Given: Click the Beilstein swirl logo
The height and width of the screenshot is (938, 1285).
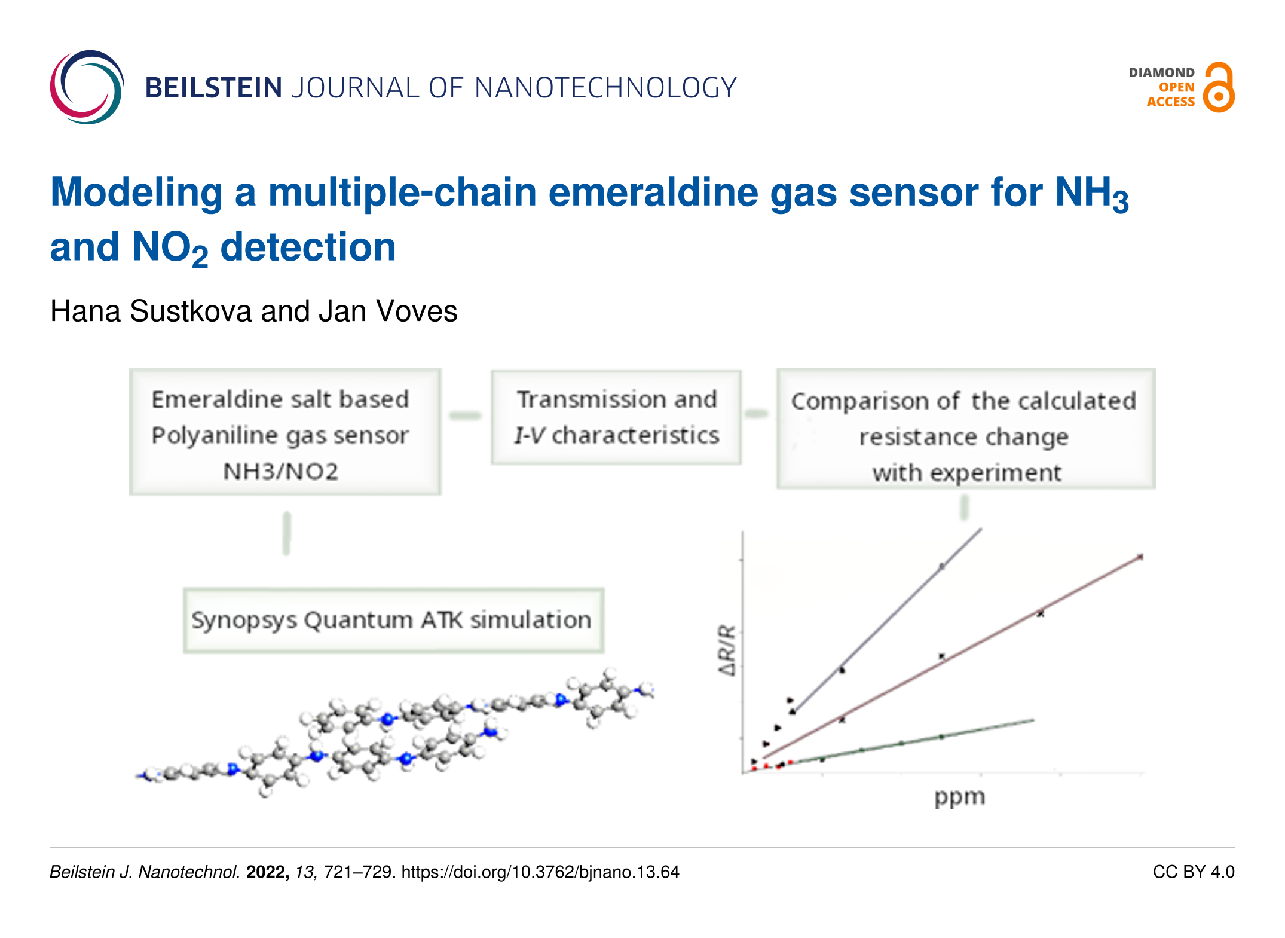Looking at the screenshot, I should point(87,87).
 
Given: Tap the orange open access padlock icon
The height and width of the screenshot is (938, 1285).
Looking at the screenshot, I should point(1218,88).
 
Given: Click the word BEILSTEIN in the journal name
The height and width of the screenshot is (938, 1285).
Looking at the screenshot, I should point(213,88).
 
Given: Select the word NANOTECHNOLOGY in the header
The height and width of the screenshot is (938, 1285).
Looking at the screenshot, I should point(605,88).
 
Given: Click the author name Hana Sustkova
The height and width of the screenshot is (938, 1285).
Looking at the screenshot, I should point(151,311).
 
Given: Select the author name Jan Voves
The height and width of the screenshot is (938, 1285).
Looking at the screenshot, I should point(388,311).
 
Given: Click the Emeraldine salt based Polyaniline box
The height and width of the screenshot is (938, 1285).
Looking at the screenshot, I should point(285,432).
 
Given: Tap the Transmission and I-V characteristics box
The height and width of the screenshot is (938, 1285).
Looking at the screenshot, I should point(616,417).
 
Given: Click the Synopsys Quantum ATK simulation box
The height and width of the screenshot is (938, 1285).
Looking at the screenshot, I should point(393,620).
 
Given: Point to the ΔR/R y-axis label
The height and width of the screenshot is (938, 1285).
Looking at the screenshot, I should point(727,650).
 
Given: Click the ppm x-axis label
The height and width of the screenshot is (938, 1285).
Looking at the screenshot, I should point(959,797).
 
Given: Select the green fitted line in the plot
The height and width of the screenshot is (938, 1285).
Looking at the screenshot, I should point(941,737).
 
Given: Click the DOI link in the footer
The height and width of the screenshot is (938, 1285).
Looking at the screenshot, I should point(540,872).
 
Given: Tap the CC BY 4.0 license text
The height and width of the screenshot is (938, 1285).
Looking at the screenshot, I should point(1193,872).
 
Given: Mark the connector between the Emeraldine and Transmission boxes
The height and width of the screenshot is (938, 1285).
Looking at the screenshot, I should point(465,415).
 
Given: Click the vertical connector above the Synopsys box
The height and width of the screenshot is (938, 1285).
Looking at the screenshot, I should point(287,533).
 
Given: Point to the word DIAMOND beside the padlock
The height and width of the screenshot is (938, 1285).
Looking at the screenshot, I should point(1161,73).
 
